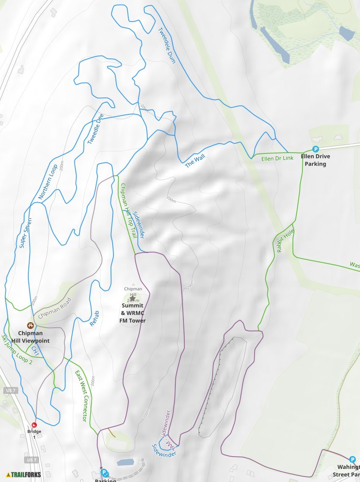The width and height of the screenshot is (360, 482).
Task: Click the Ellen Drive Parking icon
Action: point(315,149)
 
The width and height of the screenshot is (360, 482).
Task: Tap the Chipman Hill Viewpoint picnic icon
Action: point(30,326)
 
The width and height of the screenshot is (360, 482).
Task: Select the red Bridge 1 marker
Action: point(35,424)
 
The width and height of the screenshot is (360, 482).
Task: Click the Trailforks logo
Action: point(24,474)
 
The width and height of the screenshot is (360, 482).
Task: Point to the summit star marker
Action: point(132,298)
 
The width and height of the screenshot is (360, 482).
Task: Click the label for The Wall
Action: point(195,161)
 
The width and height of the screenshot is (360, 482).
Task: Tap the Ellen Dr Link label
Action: point(277,159)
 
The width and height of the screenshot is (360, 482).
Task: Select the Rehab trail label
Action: point(95,318)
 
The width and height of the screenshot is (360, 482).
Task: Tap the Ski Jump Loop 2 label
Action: point(17,350)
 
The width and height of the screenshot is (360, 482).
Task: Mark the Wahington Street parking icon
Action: point(352,460)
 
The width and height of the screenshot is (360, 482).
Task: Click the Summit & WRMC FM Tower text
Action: point(133,313)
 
